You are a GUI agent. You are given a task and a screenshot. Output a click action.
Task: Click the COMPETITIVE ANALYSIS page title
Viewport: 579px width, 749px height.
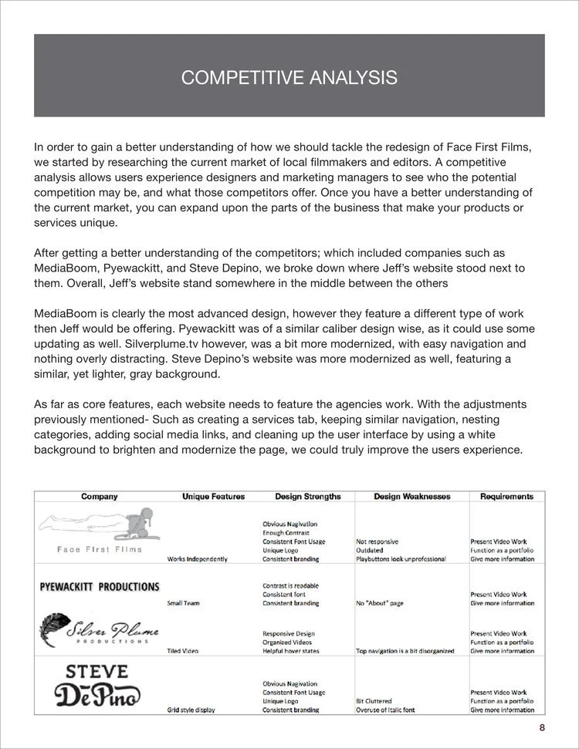289,77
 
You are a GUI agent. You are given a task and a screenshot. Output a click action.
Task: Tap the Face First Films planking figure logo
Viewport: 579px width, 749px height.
100,525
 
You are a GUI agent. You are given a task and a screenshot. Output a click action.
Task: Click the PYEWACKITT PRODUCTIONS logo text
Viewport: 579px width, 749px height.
100,586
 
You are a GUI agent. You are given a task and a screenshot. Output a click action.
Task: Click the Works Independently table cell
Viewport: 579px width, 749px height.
197,559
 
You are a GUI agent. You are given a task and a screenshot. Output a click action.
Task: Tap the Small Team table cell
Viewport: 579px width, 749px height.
183,603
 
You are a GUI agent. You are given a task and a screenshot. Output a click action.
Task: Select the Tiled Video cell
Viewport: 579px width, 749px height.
184,651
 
